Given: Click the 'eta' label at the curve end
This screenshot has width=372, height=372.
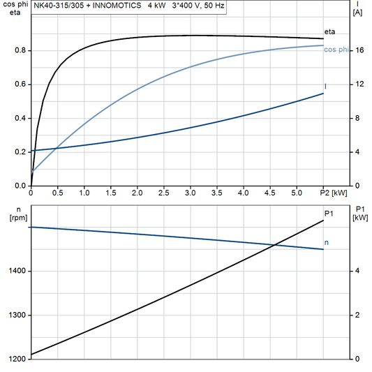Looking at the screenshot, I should (329, 32).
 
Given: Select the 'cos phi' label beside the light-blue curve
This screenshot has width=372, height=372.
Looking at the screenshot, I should (336, 49).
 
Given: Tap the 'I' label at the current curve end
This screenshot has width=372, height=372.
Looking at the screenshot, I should (326, 87).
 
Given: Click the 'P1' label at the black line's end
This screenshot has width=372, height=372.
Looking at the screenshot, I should (329, 214).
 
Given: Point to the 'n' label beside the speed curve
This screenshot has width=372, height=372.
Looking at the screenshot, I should (327, 243).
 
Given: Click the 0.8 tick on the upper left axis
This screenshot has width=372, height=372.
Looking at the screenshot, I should (20, 50).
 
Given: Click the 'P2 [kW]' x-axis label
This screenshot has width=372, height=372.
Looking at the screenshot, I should (333, 192).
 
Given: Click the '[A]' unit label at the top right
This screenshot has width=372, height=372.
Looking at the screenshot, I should (358, 13).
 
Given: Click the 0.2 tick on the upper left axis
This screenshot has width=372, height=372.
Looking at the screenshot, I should (20, 151).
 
